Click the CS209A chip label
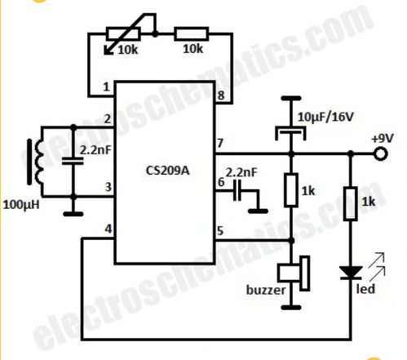click(x=167, y=171)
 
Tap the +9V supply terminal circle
click(x=380, y=154)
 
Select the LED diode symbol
click(x=351, y=273)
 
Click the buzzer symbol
click(x=294, y=273)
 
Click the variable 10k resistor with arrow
click(x=124, y=34)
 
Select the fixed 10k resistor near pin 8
click(x=192, y=34)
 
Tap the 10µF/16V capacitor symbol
click(x=291, y=132)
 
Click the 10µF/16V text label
click(x=325, y=117)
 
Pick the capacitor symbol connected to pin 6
click(x=237, y=191)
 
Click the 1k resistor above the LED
click(x=351, y=203)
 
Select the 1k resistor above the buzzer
click(x=291, y=189)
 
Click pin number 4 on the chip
click(x=108, y=229)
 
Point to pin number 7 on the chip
click(x=220, y=143)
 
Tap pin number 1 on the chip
click(x=106, y=87)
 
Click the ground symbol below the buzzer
click(x=291, y=308)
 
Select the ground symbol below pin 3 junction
click(x=73, y=214)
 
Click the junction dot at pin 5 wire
click(x=291, y=241)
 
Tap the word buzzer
click(x=266, y=290)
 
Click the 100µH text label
click(x=21, y=205)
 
